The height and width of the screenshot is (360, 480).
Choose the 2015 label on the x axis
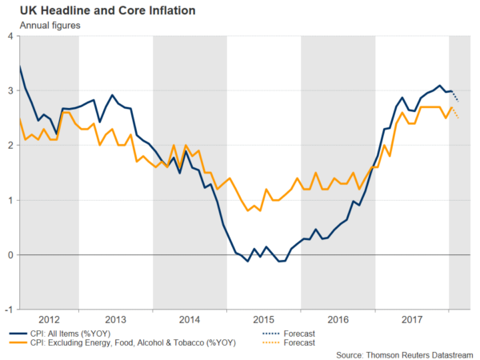pos(265,318)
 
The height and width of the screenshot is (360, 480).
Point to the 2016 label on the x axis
pos(339,318)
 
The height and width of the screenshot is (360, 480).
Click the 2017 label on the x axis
pos(413,318)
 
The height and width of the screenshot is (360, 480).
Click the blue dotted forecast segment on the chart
pos(455,96)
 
